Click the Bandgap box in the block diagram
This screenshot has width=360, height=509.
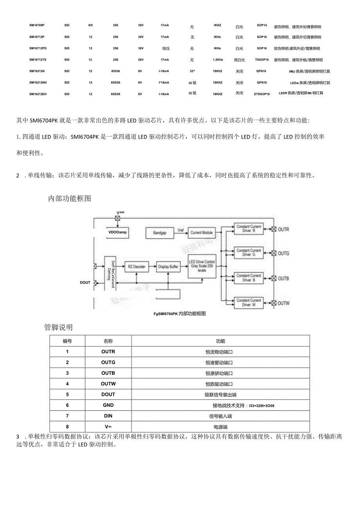click(x=160, y=233)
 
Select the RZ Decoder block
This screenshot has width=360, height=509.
click(x=136, y=267)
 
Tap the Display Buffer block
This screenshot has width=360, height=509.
click(x=168, y=267)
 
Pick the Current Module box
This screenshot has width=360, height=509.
click(x=202, y=233)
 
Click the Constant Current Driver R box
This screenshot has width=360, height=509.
click(x=248, y=229)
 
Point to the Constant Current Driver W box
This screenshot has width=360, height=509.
click(x=248, y=302)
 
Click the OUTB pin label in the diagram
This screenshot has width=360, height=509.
click(x=283, y=279)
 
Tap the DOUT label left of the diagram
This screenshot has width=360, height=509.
click(x=85, y=282)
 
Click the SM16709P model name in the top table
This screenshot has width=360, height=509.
click(x=37, y=25)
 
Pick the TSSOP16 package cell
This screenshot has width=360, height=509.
click(x=262, y=60)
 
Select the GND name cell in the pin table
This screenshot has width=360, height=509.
click(x=108, y=405)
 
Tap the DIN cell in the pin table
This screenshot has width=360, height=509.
click(x=108, y=416)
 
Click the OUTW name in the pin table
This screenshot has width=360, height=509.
click(x=108, y=384)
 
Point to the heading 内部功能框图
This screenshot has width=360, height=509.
click(x=70, y=199)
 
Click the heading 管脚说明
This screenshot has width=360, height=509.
click(x=58, y=327)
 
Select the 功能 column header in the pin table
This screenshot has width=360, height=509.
click(x=220, y=341)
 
